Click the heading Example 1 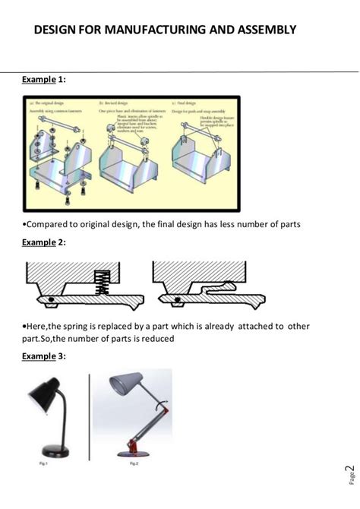(44, 79)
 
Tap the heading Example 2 (44, 242)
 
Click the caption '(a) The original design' (52, 102)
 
